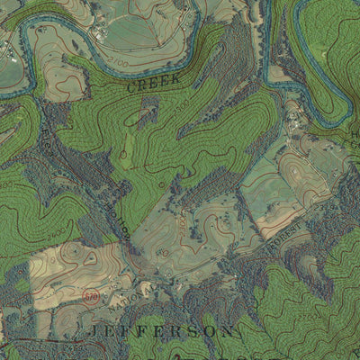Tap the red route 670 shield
[91, 295]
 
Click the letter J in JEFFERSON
[95, 332]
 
